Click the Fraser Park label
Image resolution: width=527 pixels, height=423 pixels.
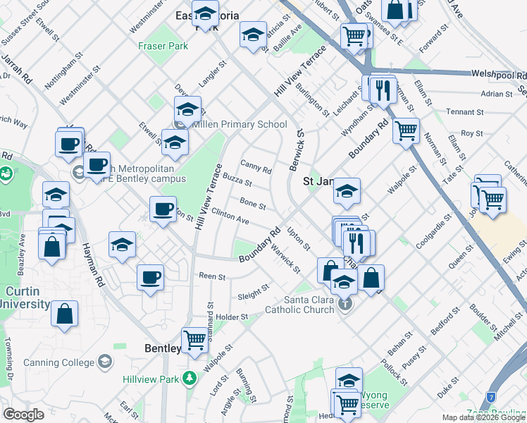(x=163, y=46)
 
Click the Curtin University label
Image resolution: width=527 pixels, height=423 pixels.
(x=25, y=298)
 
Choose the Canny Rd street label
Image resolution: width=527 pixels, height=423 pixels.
(x=256, y=166)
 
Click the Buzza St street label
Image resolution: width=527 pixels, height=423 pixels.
(x=237, y=182)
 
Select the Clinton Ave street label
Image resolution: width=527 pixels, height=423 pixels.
(x=230, y=216)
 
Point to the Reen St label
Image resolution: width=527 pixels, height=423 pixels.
(x=211, y=276)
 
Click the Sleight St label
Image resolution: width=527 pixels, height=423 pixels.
(x=254, y=291)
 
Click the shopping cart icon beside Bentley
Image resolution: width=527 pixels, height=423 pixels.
(x=195, y=340)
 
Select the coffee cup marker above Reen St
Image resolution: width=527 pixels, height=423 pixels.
(x=150, y=277)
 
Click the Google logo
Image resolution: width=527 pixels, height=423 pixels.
(x=23, y=415)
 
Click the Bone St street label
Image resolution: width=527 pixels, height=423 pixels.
(x=252, y=204)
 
